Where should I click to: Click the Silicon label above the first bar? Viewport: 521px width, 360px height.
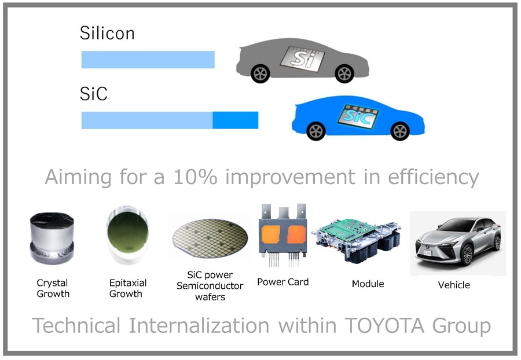(107, 33)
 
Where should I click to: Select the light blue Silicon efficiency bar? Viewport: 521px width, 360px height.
(148, 60)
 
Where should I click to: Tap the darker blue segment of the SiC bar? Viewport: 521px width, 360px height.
(235, 120)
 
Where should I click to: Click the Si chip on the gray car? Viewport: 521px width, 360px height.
(302, 59)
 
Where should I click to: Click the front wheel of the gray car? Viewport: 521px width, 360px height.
(344, 74)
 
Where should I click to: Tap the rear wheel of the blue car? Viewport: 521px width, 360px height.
(315, 131)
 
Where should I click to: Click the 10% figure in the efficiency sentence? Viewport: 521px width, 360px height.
(196, 177)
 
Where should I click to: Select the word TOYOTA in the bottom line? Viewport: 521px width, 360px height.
(384, 325)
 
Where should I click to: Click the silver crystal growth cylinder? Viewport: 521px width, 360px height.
(52, 238)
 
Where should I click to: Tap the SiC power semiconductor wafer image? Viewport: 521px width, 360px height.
(210, 238)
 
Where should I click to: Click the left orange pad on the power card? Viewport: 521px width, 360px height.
(271, 234)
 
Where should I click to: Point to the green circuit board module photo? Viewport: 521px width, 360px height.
(356, 240)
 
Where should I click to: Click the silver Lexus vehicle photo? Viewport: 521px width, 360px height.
(458, 243)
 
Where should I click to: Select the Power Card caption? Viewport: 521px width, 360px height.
(282, 282)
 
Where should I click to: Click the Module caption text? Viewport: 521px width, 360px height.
(368, 284)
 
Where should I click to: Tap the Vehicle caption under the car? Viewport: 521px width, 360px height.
(454, 285)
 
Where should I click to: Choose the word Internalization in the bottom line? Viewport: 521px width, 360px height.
(199, 325)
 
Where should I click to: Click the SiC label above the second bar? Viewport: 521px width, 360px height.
(94, 94)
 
